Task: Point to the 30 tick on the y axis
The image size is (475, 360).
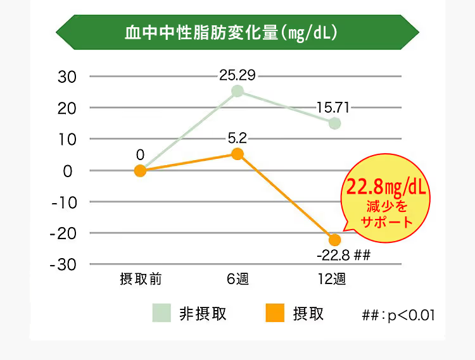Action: [x=67, y=77]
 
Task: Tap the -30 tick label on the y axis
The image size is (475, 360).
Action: [x=63, y=264]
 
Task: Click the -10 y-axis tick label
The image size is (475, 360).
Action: [x=63, y=202]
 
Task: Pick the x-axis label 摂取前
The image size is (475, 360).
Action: [x=141, y=279]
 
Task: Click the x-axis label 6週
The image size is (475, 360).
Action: [x=237, y=279]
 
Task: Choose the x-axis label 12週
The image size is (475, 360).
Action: [x=331, y=279]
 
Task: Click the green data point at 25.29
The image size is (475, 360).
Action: [x=237, y=91]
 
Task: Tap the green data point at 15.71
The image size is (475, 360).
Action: [x=334, y=123]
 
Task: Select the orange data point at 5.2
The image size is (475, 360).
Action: [x=237, y=154]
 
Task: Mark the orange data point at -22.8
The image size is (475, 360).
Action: [x=334, y=240]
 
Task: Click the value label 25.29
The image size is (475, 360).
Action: [x=237, y=76]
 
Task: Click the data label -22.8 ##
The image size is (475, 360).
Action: [x=342, y=256]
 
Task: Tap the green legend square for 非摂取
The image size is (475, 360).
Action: [x=161, y=313]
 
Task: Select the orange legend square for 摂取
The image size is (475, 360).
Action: [x=275, y=313]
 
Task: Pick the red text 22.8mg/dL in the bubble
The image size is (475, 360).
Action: [x=385, y=187]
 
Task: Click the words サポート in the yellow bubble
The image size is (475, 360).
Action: [x=386, y=222]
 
